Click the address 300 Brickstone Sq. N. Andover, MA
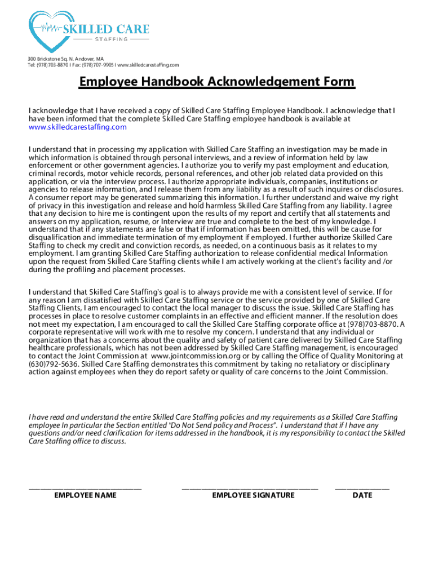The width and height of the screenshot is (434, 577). [x=66, y=59]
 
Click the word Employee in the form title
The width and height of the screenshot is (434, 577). [x=106, y=82]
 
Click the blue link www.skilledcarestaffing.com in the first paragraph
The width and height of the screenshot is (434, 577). [x=77, y=127]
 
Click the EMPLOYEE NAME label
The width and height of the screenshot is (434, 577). [x=85, y=495]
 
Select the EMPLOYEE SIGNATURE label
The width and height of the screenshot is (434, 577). [x=253, y=495]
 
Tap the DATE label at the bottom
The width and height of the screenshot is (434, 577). [x=362, y=495]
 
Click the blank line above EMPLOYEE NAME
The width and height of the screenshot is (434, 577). [x=85, y=487]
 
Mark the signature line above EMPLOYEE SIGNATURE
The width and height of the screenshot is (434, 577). [x=250, y=487]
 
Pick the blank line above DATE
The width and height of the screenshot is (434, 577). [x=362, y=487]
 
